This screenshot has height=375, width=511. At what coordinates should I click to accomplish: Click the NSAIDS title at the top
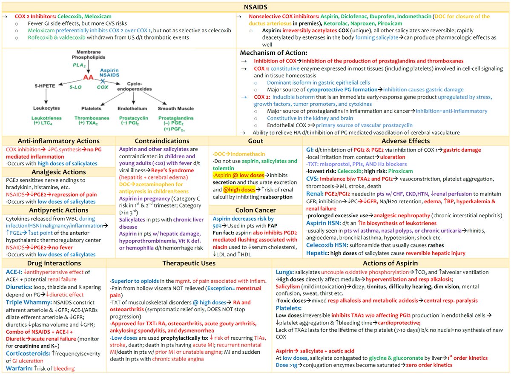(256, 7)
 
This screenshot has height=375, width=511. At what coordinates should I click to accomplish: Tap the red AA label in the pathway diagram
(89, 77)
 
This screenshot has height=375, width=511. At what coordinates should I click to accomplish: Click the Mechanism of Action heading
(273, 53)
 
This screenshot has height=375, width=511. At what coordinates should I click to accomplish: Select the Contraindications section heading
(162, 141)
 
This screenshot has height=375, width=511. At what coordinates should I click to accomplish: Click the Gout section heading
(255, 141)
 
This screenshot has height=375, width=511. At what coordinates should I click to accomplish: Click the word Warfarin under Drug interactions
(17, 368)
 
